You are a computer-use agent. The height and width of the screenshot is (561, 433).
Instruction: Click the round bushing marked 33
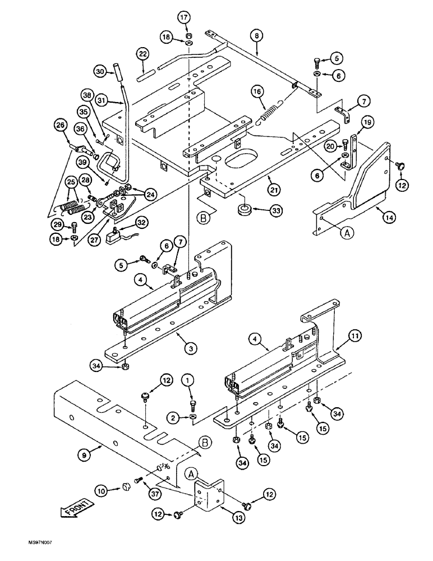point(243,211)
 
